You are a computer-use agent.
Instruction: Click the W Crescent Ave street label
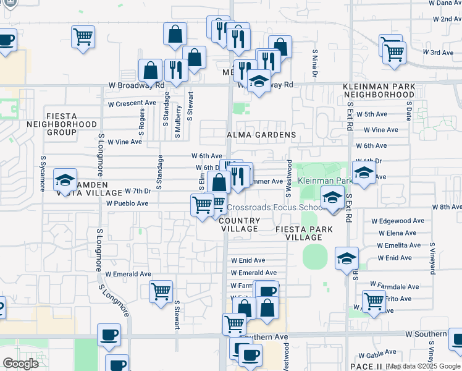pyautogui.click(x=132, y=103)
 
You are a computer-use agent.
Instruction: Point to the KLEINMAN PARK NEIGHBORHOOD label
pyautogui.click(x=379, y=90)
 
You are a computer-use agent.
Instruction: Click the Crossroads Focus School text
pyautogui.click(x=277, y=208)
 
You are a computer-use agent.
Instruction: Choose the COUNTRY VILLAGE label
pyautogui.click(x=240, y=224)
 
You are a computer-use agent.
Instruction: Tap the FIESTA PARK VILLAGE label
pyautogui.click(x=304, y=233)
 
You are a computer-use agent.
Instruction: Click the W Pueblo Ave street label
pyautogui.click(x=127, y=203)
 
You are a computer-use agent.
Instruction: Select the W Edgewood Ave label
pyautogui.click(x=398, y=221)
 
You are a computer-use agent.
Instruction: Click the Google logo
pyautogui.click(x=20, y=364)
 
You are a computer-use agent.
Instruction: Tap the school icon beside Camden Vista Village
pyautogui.click(x=65, y=181)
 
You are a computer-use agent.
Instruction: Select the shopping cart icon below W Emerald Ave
pyautogui.click(x=161, y=291)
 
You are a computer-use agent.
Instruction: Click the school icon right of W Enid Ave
pyautogui.click(x=346, y=258)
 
